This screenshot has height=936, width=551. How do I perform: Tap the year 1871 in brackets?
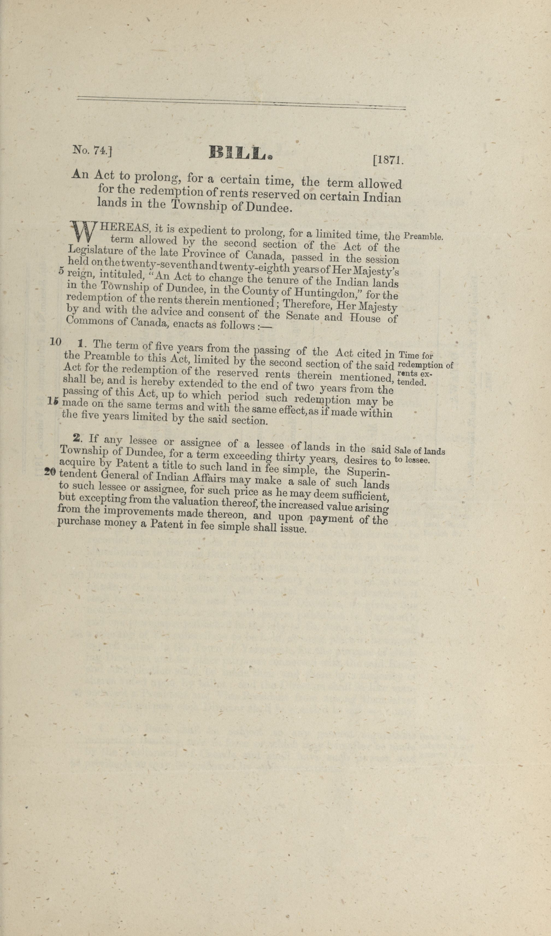pyautogui.click(x=388, y=161)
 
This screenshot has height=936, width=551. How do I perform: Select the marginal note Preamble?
pyautogui.click(x=423, y=236)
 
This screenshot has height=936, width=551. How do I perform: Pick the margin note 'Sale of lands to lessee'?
pyautogui.click(x=420, y=455)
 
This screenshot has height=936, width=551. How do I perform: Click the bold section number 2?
pyautogui.click(x=77, y=438)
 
